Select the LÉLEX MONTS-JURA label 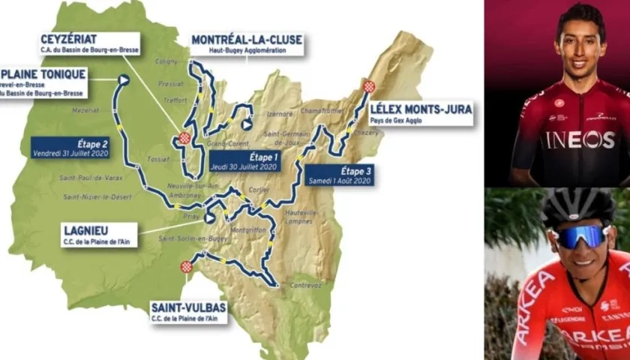point(421,113)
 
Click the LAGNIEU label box point(100,235)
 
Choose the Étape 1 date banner point(245,160)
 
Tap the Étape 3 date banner point(339,175)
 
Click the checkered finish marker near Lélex point(369,86)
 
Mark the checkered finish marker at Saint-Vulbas point(186,267)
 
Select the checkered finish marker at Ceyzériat point(184,137)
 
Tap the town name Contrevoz point(305,285)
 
